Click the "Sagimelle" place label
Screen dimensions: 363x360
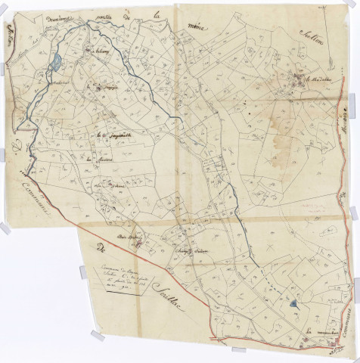(x=113, y=136)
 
